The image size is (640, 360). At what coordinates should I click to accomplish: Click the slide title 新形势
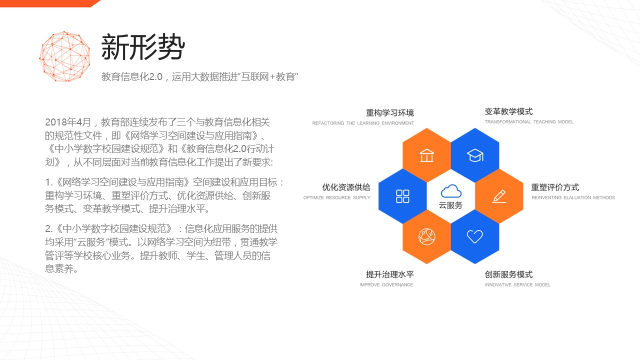click(x=143, y=47)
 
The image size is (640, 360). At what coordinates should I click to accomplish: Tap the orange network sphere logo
click(x=64, y=56)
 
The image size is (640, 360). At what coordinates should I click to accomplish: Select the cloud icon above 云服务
click(x=451, y=191)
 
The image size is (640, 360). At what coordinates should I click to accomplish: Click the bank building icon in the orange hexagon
click(x=426, y=155)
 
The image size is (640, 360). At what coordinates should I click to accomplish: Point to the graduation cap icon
click(x=475, y=155)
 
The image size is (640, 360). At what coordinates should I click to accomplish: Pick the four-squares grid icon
click(x=402, y=196)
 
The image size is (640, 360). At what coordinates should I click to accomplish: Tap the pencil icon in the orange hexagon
click(x=499, y=196)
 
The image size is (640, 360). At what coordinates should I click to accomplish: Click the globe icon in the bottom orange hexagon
click(x=426, y=236)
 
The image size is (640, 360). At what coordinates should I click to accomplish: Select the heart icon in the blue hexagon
click(x=475, y=236)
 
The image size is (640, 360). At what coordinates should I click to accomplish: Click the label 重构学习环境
click(x=390, y=113)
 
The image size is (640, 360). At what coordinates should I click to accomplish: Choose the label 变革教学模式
click(x=508, y=111)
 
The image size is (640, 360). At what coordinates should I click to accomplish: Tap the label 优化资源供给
click(x=346, y=187)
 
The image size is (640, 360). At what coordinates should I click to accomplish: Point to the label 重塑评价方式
click(x=555, y=187)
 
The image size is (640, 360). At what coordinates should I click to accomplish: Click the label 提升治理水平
click(x=390, y=274)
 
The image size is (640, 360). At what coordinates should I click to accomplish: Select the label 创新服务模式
click(x=508, y=274)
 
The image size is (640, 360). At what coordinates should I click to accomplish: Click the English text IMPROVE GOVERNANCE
click(x=386, y=285)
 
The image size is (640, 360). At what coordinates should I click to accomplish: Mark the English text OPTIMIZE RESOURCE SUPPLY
click(x=337, y=197)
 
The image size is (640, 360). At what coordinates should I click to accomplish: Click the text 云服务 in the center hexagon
click(x=450, y=205)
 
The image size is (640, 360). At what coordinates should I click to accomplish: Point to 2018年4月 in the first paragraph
click(x=68, y=122)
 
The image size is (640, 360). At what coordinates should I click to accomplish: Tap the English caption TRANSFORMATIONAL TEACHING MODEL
click(x=529, y=122)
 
